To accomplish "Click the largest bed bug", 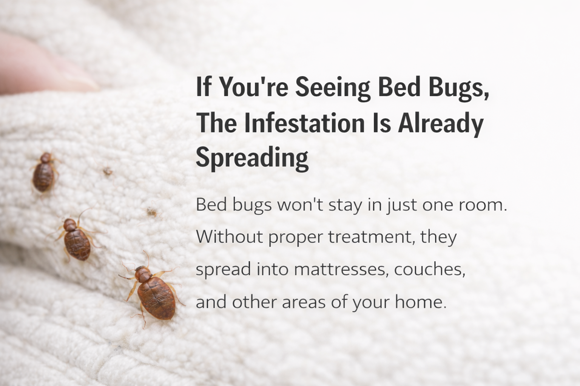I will [x=156, y=297].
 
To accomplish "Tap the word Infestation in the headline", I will [x=304, y=123].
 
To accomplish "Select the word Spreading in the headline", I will [x=252, y=158].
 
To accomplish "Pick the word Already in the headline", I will [x=441, y=123].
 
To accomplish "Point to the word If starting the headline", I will [x=204, y=87].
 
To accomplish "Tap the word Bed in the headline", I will [x=399, y=87].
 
